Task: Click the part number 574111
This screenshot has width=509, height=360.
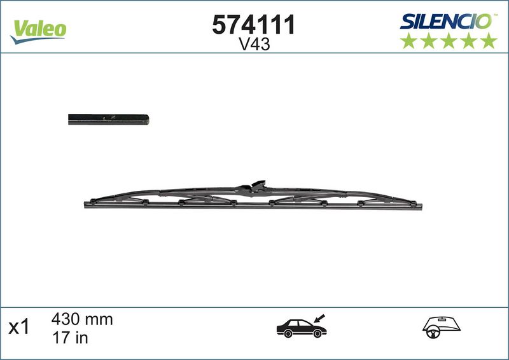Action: [x=253, y=25]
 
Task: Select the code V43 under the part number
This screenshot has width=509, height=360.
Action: [x=254, y=44]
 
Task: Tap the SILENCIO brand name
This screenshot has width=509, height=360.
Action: [x=447, y=22]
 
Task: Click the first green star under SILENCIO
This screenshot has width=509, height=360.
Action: [x=408, y=41]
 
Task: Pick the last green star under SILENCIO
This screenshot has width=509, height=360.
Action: [x=489, y=41]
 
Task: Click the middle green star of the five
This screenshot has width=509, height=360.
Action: [x=449, y=41]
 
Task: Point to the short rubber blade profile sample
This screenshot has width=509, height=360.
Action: [x=108, y=120]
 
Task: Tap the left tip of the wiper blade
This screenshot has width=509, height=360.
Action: [x=85, y=205]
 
